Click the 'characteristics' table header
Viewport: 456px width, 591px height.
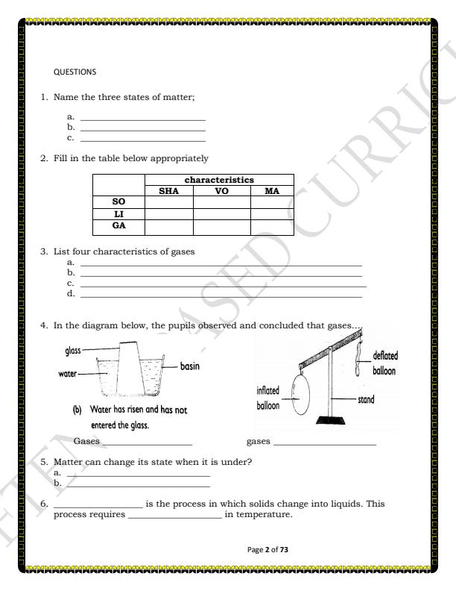point(219,181)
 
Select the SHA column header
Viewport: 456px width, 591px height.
point(168,191)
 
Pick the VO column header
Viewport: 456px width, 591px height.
point(221,191)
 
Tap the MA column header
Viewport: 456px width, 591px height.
point(272,191)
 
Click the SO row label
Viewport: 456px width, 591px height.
point(118,202)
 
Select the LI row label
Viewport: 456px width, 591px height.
point(118,213)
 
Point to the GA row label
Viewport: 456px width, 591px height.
point(118,225)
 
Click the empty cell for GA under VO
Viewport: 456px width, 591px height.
point(221,226)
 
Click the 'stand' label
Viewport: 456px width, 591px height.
point(366,400)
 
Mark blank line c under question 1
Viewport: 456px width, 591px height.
point(142,140)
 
